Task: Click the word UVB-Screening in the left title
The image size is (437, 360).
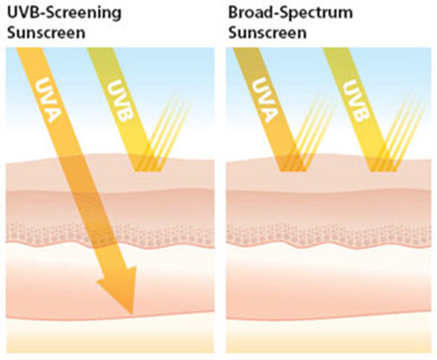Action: (x=64, y=13)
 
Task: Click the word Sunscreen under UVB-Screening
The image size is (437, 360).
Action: (x=46, y=33)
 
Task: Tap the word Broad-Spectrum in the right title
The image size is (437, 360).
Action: (x=290, y=13)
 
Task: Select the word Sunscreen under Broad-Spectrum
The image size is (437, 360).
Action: (x=267, y=33)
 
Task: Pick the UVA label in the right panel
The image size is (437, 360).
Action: (x=265, y=100)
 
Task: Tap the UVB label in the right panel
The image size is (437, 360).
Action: (x=356, y=100)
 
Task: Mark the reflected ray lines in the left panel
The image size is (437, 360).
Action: (x=165, y=131)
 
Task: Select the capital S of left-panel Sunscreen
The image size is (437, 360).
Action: (x=12, y=33)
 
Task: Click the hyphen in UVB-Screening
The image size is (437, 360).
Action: (x=42, y=14)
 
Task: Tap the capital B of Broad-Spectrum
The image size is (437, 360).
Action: (x=233, y=13)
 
